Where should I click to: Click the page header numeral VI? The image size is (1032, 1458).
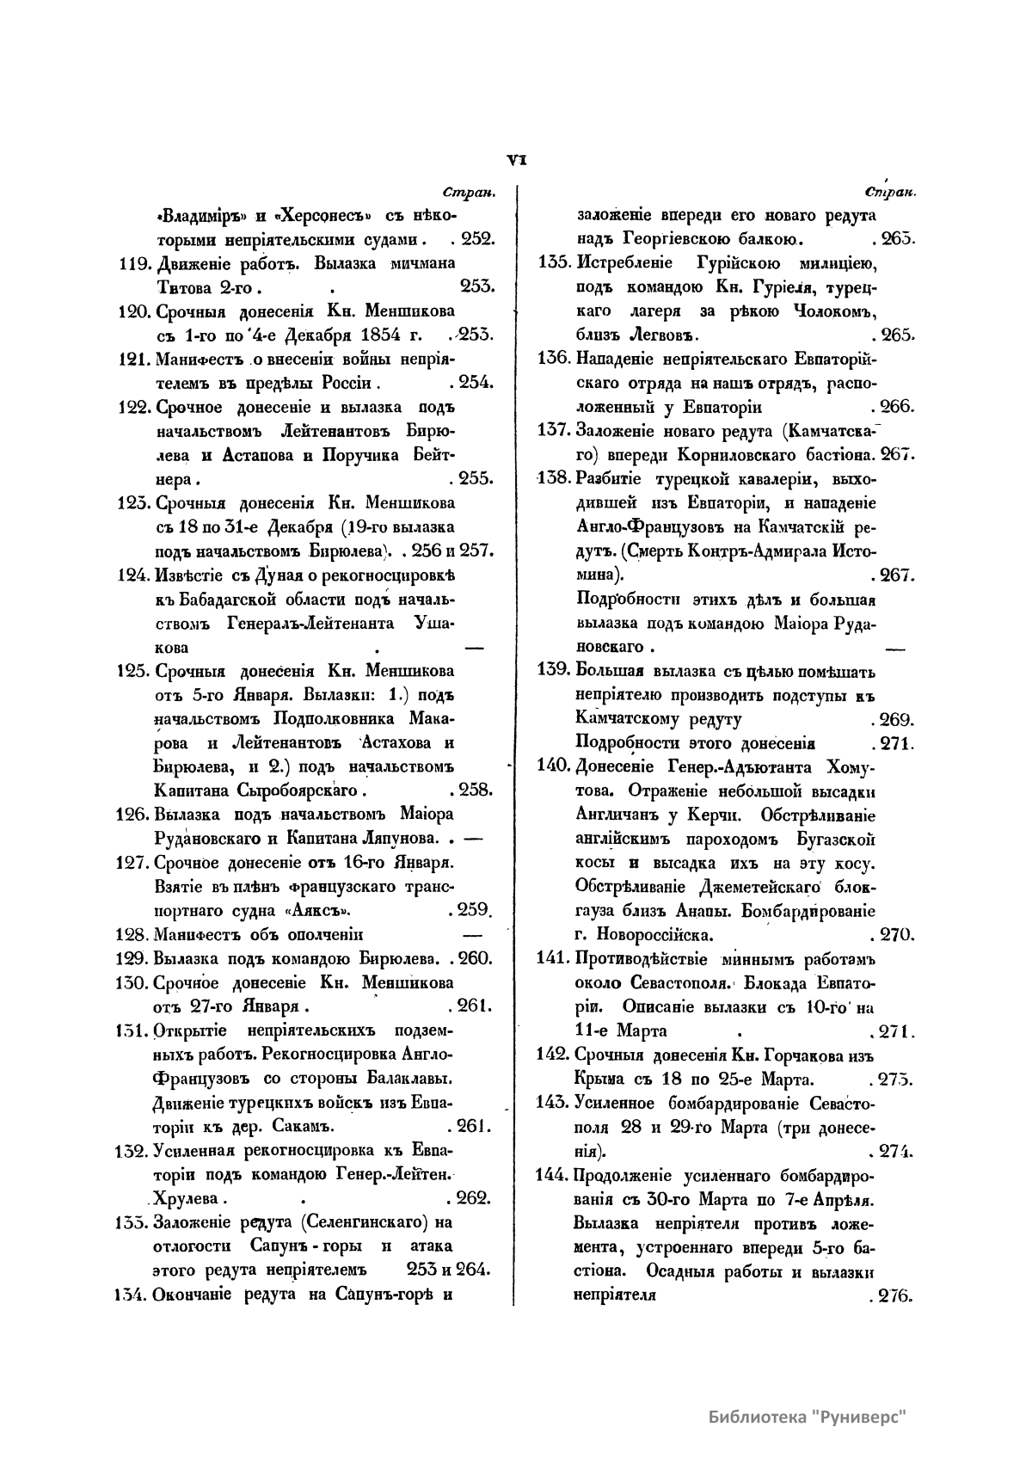pos(517,158)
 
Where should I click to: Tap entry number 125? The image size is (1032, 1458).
pos(133,671)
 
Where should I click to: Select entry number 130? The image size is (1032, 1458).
pos(133,983)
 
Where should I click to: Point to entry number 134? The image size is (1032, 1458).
pos(132,1294)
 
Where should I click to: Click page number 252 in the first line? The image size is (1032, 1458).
pos(474,239)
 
